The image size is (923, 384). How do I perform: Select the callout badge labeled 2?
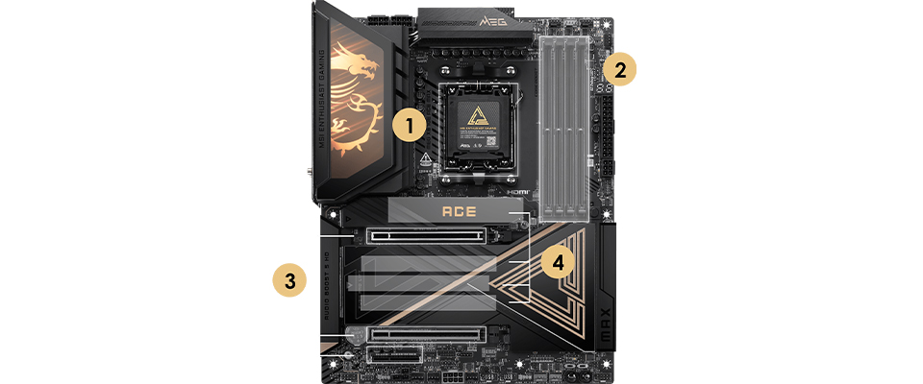coord(621,69)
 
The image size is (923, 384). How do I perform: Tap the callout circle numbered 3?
coord(288,279)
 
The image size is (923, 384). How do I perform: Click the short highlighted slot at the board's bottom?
coord(392,356)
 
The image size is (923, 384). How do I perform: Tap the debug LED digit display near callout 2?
coord(605,87)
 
